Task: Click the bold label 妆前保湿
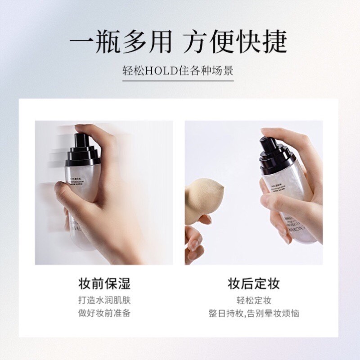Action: (x=104, y=284)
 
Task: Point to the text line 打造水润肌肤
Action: (x=104, y=300)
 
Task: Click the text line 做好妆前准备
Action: (x=104, y=313)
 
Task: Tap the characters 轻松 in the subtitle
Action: (x=132, y=71)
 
